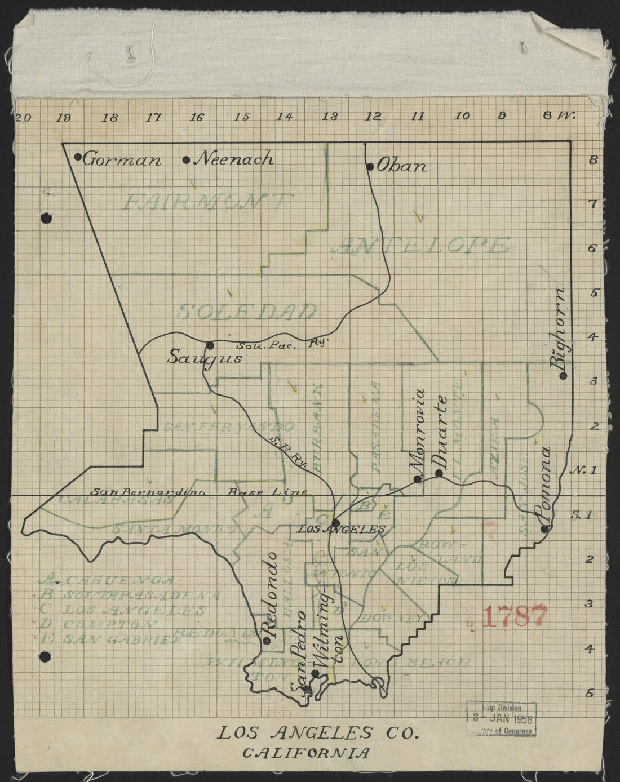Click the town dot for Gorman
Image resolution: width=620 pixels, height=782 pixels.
78,157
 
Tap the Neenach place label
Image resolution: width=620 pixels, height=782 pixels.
234,159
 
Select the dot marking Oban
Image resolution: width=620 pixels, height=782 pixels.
370,166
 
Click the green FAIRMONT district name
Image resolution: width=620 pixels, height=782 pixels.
209,202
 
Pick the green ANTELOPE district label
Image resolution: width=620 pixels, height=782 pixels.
426,246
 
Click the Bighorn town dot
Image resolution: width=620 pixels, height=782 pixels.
563,375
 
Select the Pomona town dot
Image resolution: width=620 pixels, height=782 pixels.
544,528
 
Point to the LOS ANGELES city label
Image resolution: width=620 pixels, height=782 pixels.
340,529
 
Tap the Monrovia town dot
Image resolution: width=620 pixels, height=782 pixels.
418,479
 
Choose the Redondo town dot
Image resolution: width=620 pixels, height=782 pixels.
267,640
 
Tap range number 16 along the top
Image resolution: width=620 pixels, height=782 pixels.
197,117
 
